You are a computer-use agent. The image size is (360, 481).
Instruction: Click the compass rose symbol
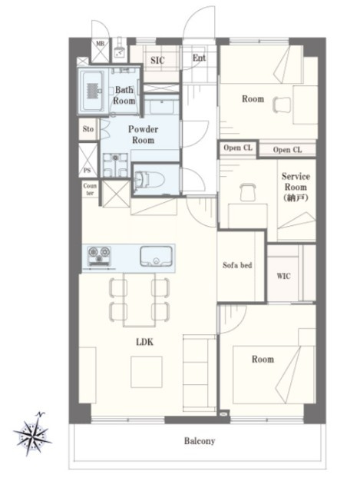32,433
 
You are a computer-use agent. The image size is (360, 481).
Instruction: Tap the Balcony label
200,441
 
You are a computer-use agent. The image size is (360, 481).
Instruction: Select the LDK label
144,342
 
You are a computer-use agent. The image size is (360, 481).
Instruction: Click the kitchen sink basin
156,256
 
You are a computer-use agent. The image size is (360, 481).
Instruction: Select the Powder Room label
143,134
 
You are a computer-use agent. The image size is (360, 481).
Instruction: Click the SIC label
157,60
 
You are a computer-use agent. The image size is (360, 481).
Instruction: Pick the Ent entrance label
199,58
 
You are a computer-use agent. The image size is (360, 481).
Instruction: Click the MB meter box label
101,44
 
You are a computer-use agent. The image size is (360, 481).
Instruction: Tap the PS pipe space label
88,171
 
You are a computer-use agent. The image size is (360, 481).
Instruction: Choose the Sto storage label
88,129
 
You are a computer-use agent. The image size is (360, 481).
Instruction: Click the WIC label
283,276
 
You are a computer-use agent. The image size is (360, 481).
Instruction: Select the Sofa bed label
237,265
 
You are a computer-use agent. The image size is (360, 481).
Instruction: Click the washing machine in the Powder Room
115,164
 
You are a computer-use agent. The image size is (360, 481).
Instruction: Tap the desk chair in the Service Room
248,192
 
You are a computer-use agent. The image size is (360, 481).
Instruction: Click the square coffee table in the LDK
147,372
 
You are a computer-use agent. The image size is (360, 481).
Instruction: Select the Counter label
90,189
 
